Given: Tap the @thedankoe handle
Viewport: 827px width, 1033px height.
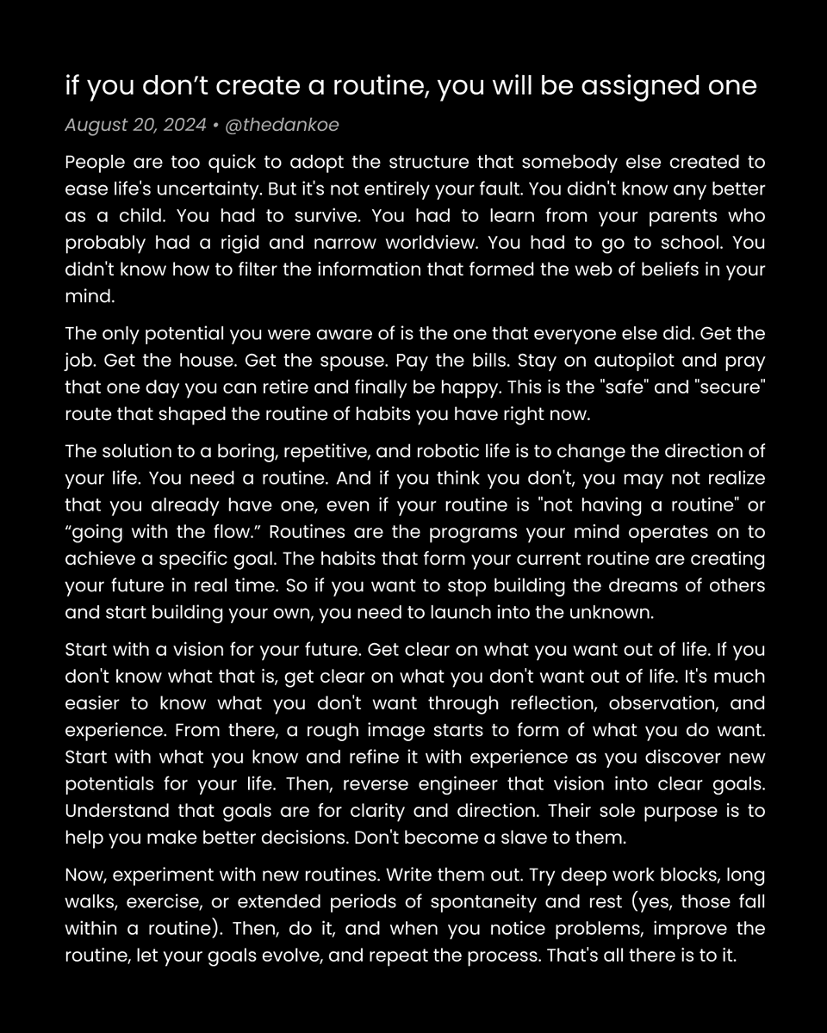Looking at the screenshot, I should pyautogui.click(x=282, y=125).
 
